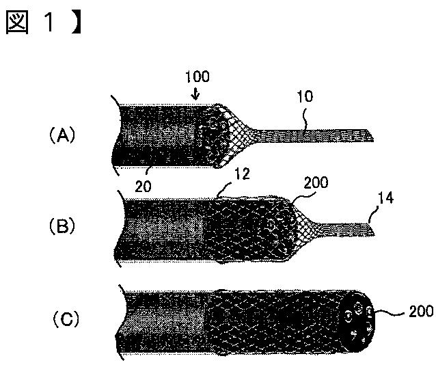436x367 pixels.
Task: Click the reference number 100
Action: point(197,77)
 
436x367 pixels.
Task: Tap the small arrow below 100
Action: point(195,94)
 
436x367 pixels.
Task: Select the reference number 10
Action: point(305,96)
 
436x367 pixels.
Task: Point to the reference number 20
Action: point(144,187)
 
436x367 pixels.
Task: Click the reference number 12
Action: point(242,174)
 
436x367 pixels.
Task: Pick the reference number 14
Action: point(385,198)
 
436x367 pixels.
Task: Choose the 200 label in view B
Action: point(316,182)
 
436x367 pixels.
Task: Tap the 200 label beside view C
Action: point(421,312)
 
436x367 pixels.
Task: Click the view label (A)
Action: point(62,136)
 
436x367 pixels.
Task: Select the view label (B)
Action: point(62,226)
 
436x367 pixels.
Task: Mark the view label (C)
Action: point(66,318)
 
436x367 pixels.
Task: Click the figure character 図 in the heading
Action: point(17,23)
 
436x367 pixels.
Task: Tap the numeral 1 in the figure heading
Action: point(49,23)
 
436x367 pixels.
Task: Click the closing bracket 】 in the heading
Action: point(76,23)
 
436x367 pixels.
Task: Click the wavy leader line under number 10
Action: point(305,120)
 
